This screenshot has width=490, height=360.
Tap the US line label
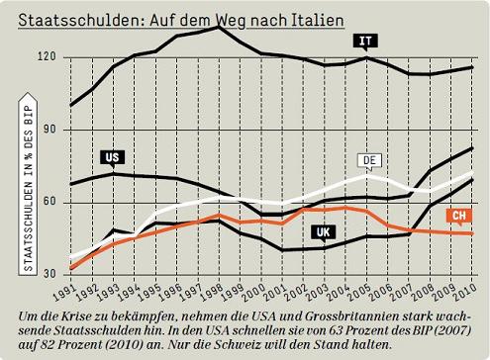[x=112, y=156]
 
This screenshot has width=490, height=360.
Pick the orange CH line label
[x=458, y=215]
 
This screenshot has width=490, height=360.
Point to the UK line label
[x=321, y=232]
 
